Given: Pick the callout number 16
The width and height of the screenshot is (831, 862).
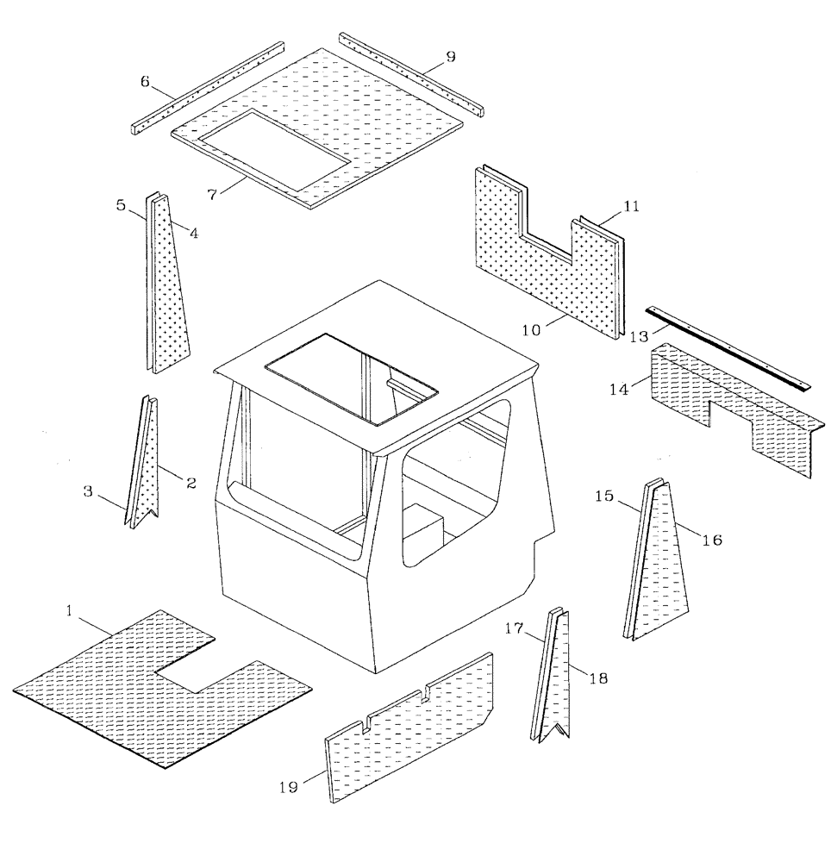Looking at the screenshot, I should click(x=712, y=540).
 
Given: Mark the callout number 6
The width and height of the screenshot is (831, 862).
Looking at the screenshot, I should click(x=146, y=81).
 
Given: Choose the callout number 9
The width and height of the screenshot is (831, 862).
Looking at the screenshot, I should click(x=450, y=57).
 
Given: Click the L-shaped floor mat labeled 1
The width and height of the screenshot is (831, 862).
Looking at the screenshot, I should click(x=112, y=690).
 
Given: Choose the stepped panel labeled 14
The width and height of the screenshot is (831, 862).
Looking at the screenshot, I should click(x=733, y=405).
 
